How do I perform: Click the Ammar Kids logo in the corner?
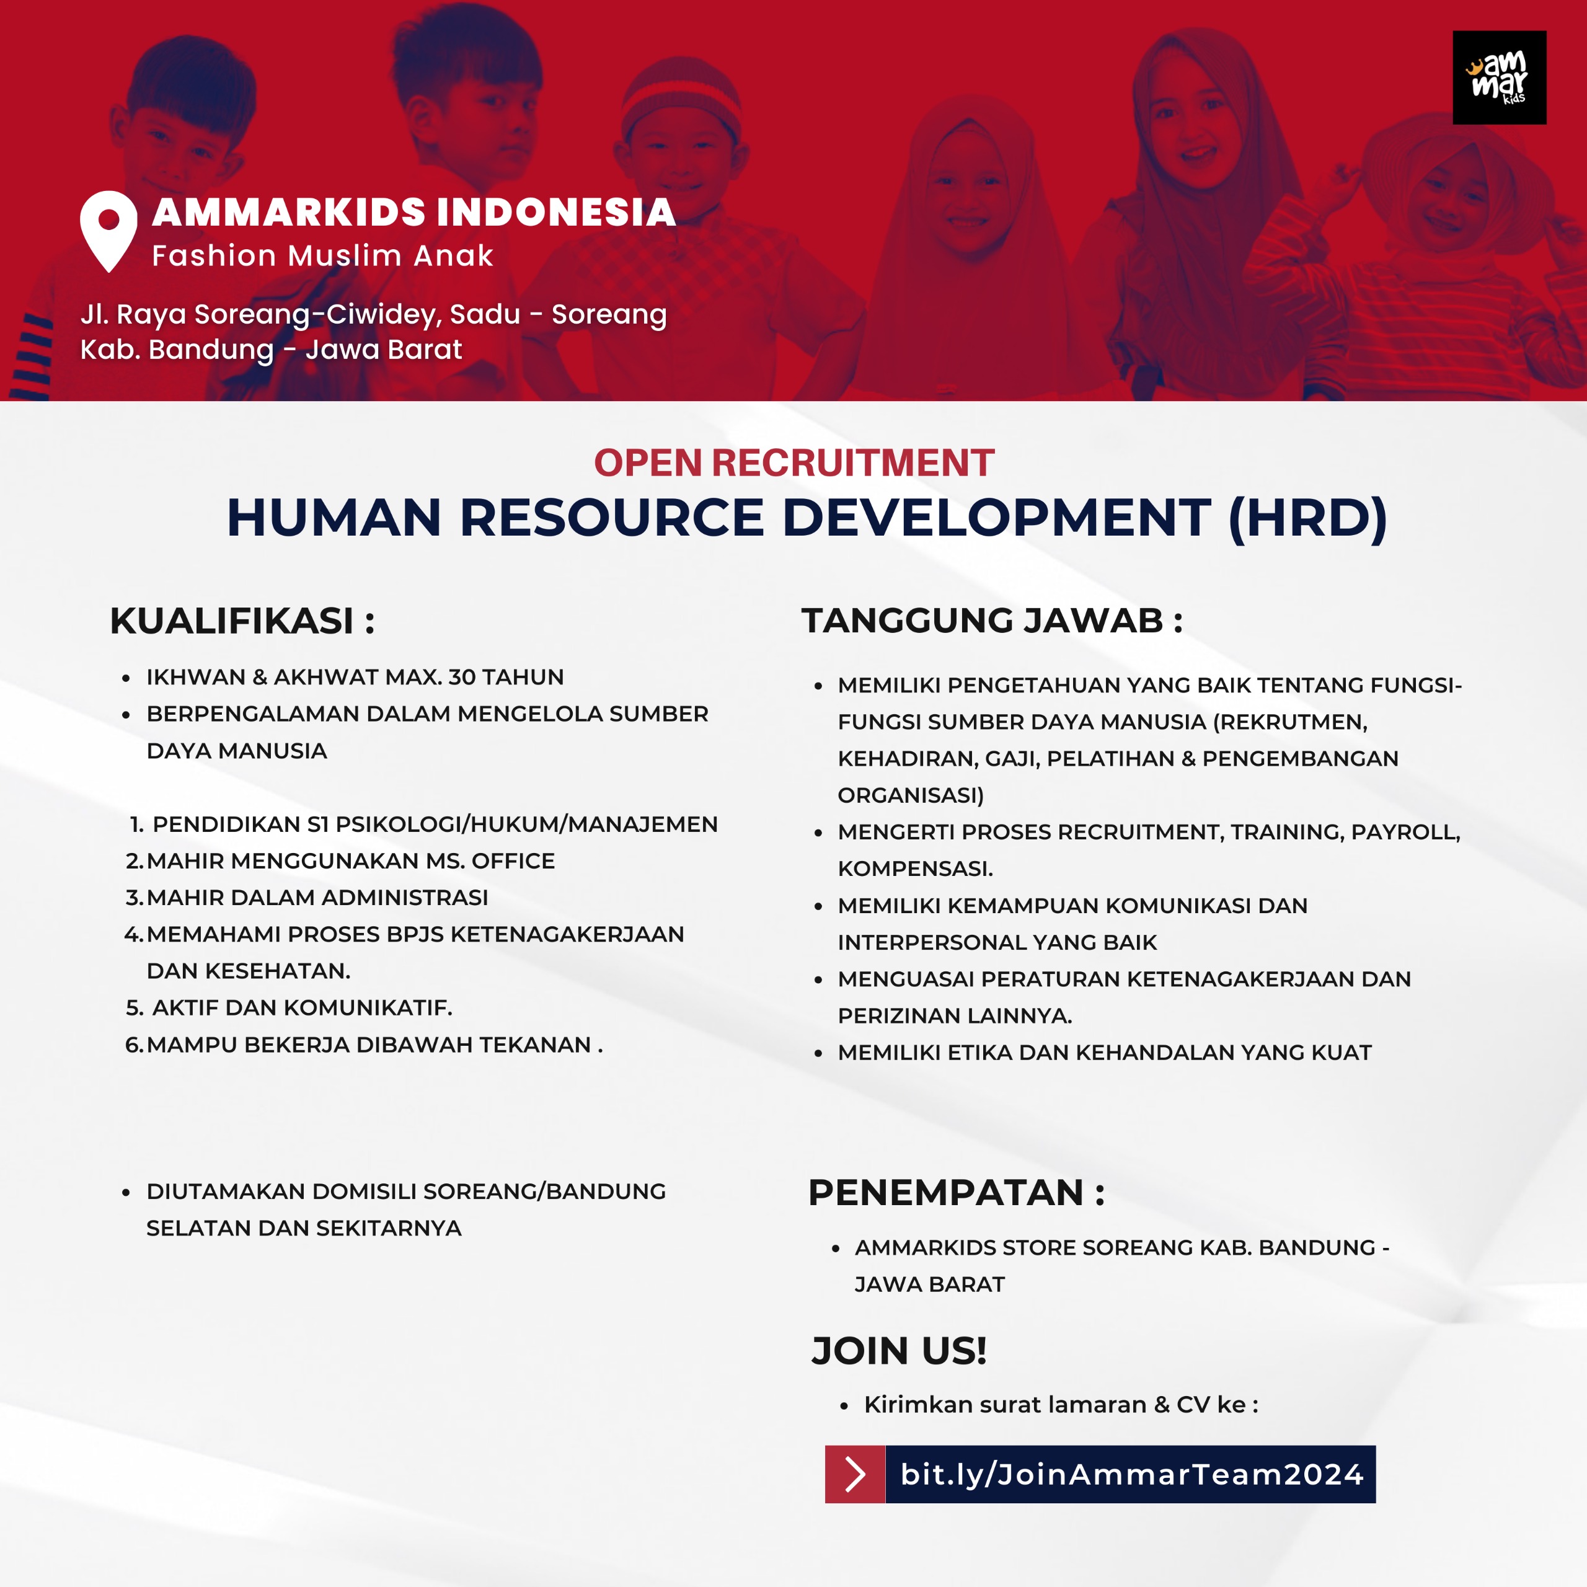tap(1499, 78)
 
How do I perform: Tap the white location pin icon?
tap(108, 229)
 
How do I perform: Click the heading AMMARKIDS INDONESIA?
tap(414, 212)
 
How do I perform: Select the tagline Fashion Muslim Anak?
tap(322, 256)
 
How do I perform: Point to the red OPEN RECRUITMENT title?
tap(793, 463)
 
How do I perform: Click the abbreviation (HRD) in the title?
tap(1307, 518)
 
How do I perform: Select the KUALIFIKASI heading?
tap(242, 621)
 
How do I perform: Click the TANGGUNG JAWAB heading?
tap(991, 621)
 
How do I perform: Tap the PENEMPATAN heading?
tap(956, 1193)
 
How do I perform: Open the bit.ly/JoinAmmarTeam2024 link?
tap(1131, 1474)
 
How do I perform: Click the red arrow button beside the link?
tap(855, 1474)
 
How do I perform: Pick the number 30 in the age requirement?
tap(462, 677)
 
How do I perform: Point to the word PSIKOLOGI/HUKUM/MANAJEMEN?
tap(526, 824)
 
